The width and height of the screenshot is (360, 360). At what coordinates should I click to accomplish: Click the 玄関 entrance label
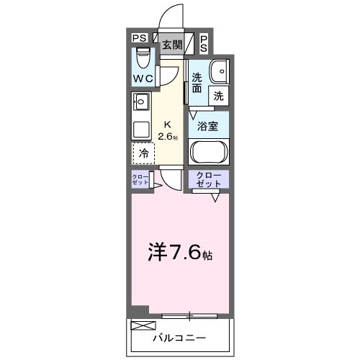(172, 45)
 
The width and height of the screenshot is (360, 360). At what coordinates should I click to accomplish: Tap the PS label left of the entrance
(139, 39)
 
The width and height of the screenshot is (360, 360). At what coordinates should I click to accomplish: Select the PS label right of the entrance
(204, 43)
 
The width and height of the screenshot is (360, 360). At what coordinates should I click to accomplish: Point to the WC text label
(141, 78)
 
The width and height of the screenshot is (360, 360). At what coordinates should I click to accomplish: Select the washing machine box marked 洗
(218, 94)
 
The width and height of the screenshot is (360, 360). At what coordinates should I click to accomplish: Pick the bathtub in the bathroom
(209, 153)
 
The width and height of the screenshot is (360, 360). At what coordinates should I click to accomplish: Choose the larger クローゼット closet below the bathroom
(209, 180)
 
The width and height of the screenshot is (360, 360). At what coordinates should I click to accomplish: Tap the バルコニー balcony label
(179, 337)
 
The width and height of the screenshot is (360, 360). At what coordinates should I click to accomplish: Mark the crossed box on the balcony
(140, 325)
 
